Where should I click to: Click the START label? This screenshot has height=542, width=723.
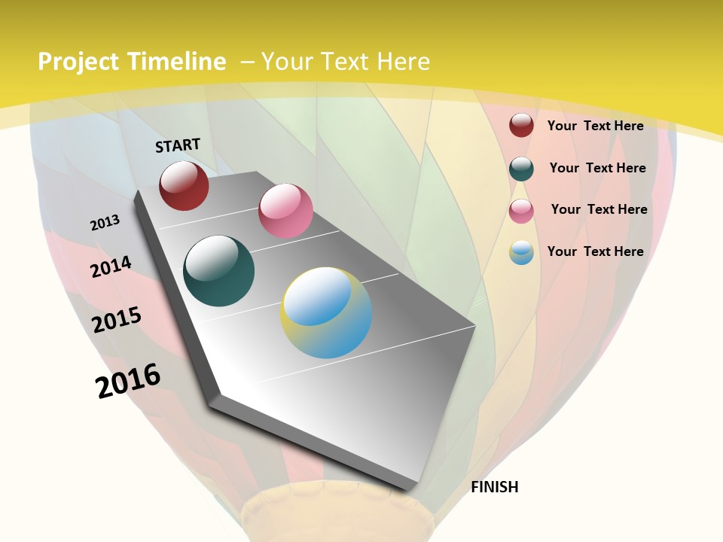[x=178, y=145]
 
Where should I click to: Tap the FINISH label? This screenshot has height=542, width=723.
[x=494, y=487]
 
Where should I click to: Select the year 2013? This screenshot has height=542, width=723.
[x=105, y=223]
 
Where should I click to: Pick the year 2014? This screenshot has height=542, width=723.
[x=111, y=266]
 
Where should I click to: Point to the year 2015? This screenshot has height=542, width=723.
[x=117, y=320]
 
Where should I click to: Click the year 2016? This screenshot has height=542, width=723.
[x=128, y=381]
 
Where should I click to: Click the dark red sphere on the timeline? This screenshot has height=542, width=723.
[x=184, y=185]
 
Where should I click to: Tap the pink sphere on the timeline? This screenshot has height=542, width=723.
[x=285, y=211]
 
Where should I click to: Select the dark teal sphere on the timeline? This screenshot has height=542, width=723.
[x=218, y=271]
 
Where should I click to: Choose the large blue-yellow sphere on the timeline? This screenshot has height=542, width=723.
[x=326, y=312]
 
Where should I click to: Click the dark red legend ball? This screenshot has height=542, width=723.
[x=521, y=125]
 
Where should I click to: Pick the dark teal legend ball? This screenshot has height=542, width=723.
[x=521, y=169]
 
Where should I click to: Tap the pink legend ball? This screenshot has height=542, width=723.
[x=521, y=211]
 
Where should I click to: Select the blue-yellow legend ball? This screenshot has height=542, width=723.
[x=521, y=252]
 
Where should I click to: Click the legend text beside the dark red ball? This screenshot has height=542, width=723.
[x=595, y=126]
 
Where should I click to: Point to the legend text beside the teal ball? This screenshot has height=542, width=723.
[x=597, y=168]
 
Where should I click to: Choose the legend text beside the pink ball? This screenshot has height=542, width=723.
[x=599, y=209]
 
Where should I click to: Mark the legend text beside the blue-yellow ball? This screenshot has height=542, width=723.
[x=595, y=251]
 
